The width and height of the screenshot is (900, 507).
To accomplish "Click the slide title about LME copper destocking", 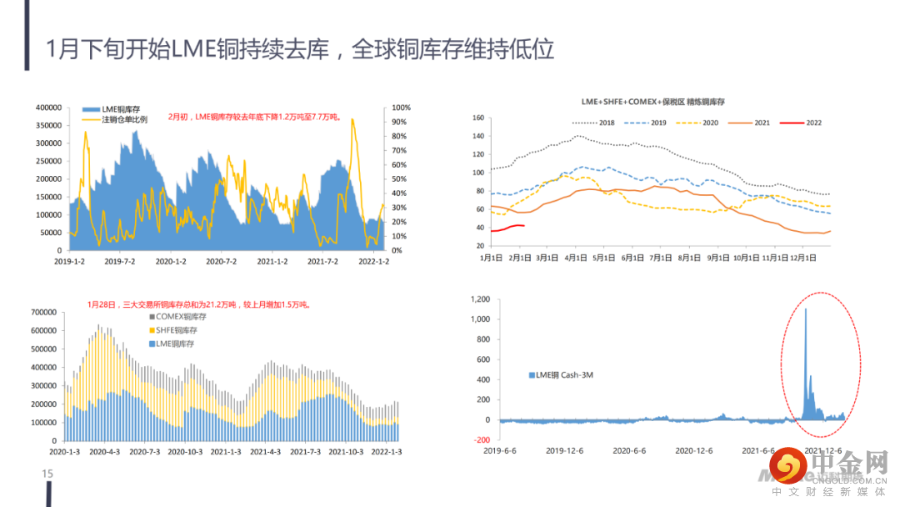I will [300, 48].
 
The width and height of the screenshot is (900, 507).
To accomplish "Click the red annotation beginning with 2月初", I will [254, 118].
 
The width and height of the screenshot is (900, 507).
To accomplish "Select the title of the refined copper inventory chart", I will [653, 101].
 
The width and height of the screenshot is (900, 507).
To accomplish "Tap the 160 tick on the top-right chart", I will [477, 118].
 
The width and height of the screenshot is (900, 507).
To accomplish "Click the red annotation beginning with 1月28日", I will [200, 304].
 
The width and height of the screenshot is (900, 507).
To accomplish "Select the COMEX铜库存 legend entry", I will [180, 317].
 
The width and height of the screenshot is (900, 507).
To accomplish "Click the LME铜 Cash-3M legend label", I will [567, 375].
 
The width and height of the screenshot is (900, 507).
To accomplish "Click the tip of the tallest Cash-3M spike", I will [806, 309].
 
